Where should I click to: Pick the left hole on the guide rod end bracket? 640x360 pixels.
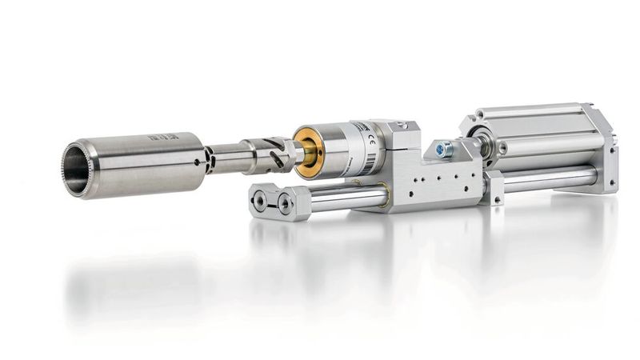(x=260, y=199)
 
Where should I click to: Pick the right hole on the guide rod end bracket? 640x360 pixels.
(x=285, y=206)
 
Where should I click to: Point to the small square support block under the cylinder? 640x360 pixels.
(x=494, y=188)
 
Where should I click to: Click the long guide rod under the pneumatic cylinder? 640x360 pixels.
(x=552, y=177)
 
